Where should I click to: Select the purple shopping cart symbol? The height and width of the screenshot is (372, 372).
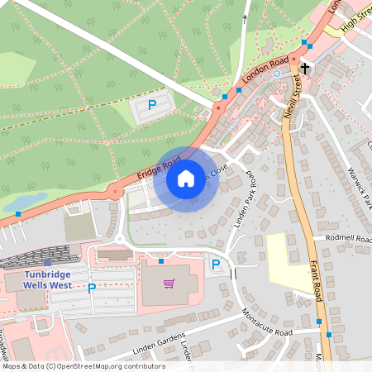[x=169, y=284]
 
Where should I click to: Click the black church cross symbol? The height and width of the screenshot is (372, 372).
[x=305, y=69]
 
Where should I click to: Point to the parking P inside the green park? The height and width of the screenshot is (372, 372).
[x=151, y=105]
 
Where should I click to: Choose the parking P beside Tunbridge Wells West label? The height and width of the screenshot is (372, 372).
[x=92, y=288]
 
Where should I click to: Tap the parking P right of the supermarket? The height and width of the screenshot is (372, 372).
[x=216, y=265]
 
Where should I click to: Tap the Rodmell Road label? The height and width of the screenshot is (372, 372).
[x=346, y=239]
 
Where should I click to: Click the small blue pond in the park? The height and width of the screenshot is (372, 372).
[x=25, y=201]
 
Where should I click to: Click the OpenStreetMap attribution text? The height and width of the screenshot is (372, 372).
[x=83, y=366]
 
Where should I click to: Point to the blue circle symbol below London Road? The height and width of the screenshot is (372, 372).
[x=277, y=74]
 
